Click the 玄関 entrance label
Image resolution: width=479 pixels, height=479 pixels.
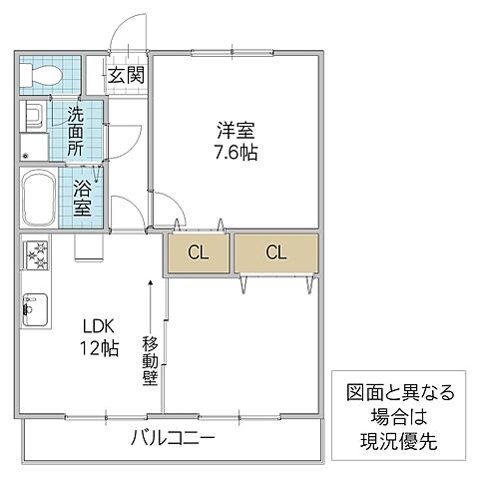click(126, 74)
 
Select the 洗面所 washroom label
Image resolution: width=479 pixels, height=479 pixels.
click(77, 130)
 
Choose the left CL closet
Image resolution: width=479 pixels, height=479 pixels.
click(198, 252)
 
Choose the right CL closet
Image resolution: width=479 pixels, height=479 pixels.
click(276, 252)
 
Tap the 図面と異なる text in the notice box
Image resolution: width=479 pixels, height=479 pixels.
click(399, 391)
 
